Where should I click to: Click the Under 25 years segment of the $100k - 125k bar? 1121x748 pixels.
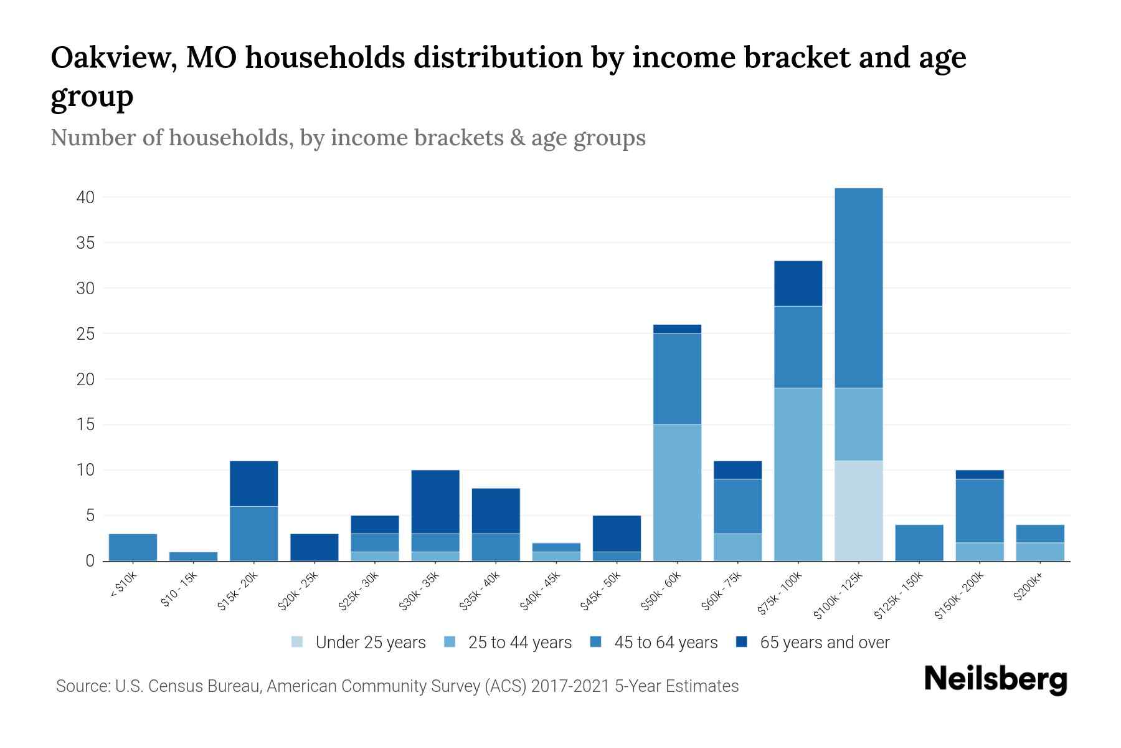tap(858, 511)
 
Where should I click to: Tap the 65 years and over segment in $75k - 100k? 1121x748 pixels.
tap(798, 283)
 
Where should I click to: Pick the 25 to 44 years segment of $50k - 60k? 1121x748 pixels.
tap(677, 492)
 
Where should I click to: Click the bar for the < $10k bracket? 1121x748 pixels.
tap(133, 547)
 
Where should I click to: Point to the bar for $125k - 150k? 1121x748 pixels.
tap(919, 543)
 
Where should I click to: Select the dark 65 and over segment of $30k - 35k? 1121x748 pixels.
tap(435, 502)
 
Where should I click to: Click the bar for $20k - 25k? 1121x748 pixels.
tap(314, 547)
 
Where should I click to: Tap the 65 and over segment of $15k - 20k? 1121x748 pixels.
tap(253, 484)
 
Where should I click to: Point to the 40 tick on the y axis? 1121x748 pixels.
tap(85, 198)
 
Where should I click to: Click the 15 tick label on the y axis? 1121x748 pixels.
tap(85, 425)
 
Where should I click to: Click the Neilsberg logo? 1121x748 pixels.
tap(995, 679)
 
